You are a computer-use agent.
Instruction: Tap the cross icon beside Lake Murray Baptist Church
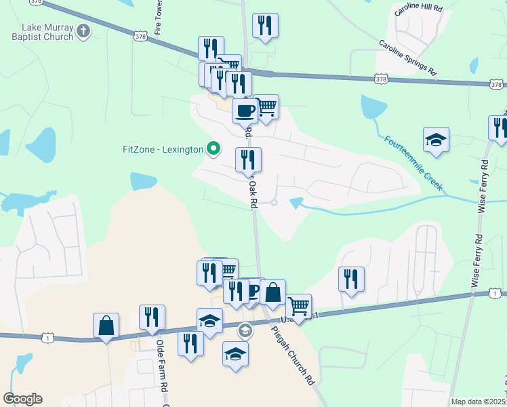pos(83,31)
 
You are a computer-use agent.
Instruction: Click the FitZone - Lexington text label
pos(163,149)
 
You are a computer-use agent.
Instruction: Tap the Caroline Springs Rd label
pos(408,57)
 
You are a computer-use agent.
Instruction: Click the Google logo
pos(22,399)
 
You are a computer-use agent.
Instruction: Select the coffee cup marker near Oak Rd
pos(245,110)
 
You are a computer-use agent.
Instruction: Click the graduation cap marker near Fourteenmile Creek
pos(436,140)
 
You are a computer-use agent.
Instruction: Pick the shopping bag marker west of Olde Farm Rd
pos(106,325)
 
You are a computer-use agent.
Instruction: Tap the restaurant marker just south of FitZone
pos(248,159)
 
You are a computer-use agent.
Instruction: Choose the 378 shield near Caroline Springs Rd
pos(381,79)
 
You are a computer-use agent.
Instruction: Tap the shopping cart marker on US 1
pos(298,306)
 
